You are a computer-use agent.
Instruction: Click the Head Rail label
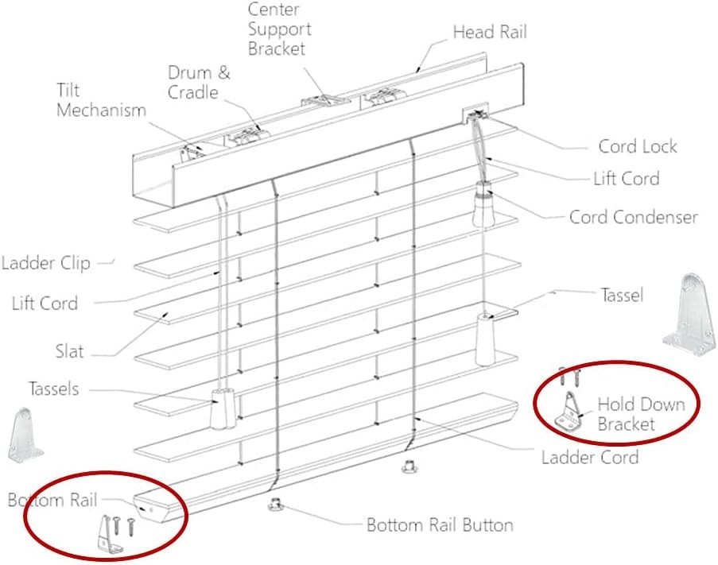point(489,33)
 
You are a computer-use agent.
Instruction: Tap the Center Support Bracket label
point(279,29)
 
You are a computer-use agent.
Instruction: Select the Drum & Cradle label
point(199,83)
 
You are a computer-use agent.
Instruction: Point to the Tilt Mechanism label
point(101,100)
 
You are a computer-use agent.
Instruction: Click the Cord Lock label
point(637,146)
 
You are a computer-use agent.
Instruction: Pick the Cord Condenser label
point(633,217)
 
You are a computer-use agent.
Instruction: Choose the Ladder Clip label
point(46,263)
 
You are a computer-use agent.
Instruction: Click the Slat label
point(70,351)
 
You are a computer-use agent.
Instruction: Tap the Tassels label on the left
point(53,389)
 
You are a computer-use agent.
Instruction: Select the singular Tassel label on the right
point(621,295)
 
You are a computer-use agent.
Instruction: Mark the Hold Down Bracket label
point(640,414)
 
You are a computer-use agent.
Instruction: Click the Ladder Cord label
point(589,457)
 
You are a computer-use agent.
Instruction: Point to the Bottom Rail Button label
point(439,525)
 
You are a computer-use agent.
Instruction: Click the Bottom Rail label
point(52,500)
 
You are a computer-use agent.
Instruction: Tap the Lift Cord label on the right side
point(626,178)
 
